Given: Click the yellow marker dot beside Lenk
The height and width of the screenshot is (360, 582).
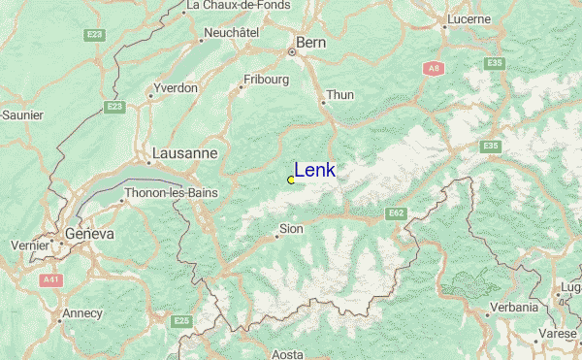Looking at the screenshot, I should click(291, 180).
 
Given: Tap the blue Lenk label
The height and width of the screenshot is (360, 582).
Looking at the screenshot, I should click(315, 171).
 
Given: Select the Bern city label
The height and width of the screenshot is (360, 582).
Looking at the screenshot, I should click(311, 43).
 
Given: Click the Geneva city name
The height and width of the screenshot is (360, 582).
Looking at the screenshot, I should click(89, 235).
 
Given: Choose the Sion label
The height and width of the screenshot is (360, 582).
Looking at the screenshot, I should click(291, 229).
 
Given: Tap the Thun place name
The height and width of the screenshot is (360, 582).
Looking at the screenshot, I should click(340, 95).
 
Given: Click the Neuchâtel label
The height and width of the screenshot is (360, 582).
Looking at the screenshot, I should click(231, 32).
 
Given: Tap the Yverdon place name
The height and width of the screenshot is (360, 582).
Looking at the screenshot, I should click(175, 87).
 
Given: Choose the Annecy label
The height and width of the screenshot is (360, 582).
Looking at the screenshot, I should click(81, 313).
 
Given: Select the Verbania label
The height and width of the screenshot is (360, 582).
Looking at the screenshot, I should click(514, 307).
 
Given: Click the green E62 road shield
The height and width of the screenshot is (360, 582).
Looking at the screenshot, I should click(396, 213).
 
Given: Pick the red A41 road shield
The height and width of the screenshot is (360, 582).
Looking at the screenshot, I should click(51, 279).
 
